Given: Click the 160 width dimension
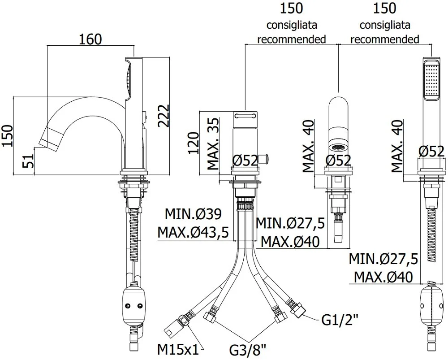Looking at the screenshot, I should (90, 39).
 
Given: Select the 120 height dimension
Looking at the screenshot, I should (193, 143).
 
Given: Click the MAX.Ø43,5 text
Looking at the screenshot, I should (194, 232).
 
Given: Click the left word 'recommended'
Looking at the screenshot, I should (291, 39).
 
